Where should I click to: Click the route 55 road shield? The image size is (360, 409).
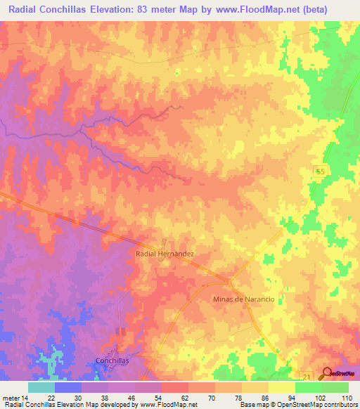point(320,172)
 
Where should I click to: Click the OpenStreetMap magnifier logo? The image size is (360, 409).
point(328,375)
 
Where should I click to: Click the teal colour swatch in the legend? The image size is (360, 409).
point(41,387)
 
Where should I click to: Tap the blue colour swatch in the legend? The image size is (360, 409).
point(68,387)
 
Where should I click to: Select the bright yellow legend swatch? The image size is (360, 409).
point(282,387)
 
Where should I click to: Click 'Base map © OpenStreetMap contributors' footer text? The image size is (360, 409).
point(297,405)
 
